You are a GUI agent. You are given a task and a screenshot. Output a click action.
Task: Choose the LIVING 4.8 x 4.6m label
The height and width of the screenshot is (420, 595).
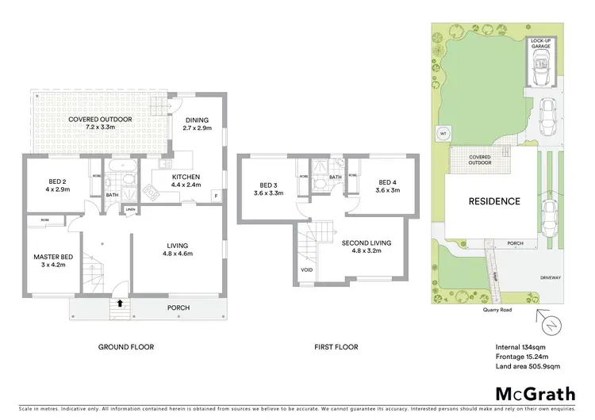(178, 250)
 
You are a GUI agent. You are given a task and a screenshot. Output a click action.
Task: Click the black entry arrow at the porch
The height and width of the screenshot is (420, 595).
(120, 303)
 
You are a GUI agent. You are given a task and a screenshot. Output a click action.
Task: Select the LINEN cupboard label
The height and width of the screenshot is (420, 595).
(130, 208)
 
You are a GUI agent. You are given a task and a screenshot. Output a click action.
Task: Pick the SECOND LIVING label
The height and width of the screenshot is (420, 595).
(367, 242)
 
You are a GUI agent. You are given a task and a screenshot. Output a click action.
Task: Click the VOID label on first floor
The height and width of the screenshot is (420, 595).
(307, 269)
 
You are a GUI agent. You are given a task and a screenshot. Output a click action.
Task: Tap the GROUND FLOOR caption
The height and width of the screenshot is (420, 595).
(125, 347)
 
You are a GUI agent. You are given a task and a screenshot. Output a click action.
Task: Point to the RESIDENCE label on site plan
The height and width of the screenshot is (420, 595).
(493, 201)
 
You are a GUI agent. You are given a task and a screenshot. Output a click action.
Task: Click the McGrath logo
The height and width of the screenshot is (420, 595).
(535, 394)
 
